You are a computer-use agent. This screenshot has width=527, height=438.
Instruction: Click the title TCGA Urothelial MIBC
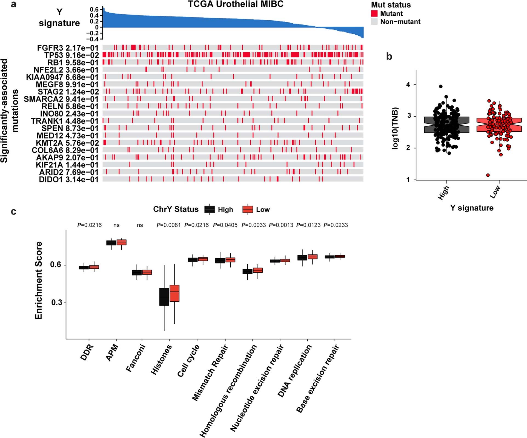236,4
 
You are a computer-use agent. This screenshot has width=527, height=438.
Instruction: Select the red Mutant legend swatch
374,13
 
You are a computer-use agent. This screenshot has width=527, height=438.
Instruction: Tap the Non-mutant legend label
400,22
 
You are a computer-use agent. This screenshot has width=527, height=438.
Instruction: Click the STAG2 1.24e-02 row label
68,92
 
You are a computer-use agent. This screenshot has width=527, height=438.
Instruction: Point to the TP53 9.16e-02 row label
71,55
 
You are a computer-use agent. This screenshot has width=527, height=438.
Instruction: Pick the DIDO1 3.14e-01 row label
68,179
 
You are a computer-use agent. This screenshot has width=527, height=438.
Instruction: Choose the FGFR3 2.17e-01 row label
68,48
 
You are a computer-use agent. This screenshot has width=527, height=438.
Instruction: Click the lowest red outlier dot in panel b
488,175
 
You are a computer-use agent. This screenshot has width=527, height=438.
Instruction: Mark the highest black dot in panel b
441,86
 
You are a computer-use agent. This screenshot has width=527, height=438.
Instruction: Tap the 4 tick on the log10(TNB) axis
408,85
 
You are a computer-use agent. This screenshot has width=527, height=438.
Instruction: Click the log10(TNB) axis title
395,128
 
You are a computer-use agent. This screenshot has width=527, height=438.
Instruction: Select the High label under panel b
443,193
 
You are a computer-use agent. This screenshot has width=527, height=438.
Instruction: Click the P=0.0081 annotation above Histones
168,225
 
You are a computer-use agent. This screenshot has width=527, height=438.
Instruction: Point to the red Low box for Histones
174,293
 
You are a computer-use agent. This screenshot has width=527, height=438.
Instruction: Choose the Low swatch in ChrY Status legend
248,210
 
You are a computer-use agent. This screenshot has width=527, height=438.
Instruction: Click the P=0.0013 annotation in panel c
281,225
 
